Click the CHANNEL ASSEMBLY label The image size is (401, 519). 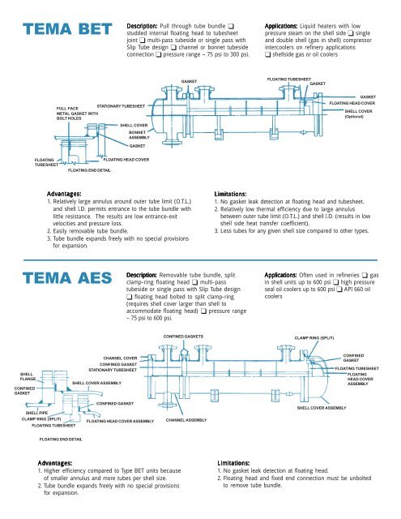(186, 421)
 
